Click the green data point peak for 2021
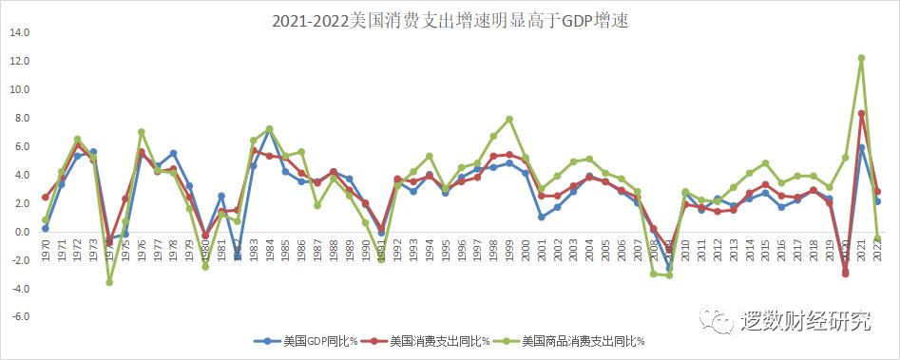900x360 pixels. [x=861, y=58]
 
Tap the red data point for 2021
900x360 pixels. [x=861, y=114]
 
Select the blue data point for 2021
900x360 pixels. [x=861, y=147]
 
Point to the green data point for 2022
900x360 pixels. [x=877, y=238]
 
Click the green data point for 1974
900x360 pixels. [x=109, y=282]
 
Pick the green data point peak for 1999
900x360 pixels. [x=509, y=119]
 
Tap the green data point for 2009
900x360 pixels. [x=669, y=275]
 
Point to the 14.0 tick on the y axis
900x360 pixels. [x=18, y=32]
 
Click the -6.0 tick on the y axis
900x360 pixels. [x=18, y=317]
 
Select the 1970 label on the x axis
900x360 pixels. [x=45, y=256]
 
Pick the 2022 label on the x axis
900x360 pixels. [x=877, y=256]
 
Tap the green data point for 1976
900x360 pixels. [x=141, y=132]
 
